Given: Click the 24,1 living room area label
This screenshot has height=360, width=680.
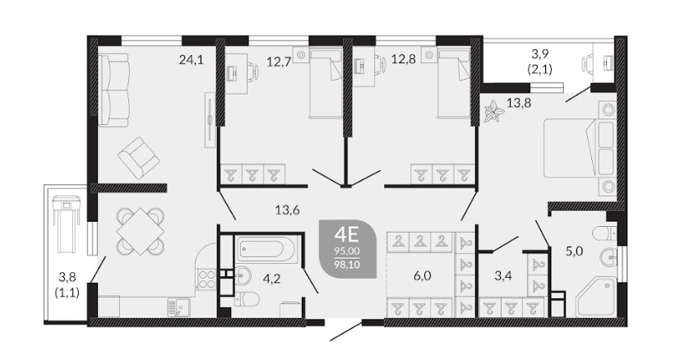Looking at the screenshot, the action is (x=192, y=59).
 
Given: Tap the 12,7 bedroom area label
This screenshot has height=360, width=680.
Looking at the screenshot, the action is (x=279, y=62).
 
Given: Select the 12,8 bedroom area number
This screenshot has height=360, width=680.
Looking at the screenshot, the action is (x=404, y=58).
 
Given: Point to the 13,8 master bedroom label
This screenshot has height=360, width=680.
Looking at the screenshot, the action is (x=519, y=104).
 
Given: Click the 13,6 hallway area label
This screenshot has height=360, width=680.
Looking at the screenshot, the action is (x=288, y=210).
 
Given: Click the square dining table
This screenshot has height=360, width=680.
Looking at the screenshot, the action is (x=140, y=231).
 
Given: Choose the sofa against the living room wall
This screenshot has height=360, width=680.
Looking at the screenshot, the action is (x=113, y=90).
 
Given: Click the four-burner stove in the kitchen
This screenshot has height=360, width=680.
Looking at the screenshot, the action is (x=206, y=279).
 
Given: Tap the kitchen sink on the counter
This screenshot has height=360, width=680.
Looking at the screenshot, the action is (x=176, y=307).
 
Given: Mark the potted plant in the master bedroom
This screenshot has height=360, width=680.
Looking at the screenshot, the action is (x=493, y=112).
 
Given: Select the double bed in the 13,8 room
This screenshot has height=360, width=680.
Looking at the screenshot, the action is (x=579, y=148).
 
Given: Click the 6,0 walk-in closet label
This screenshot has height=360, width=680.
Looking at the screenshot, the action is (x=422, y=276).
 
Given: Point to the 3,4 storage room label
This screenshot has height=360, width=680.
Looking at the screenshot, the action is (x=503, y=275).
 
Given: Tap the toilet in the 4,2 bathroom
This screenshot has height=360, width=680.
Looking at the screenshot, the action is (x=247, y=299).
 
